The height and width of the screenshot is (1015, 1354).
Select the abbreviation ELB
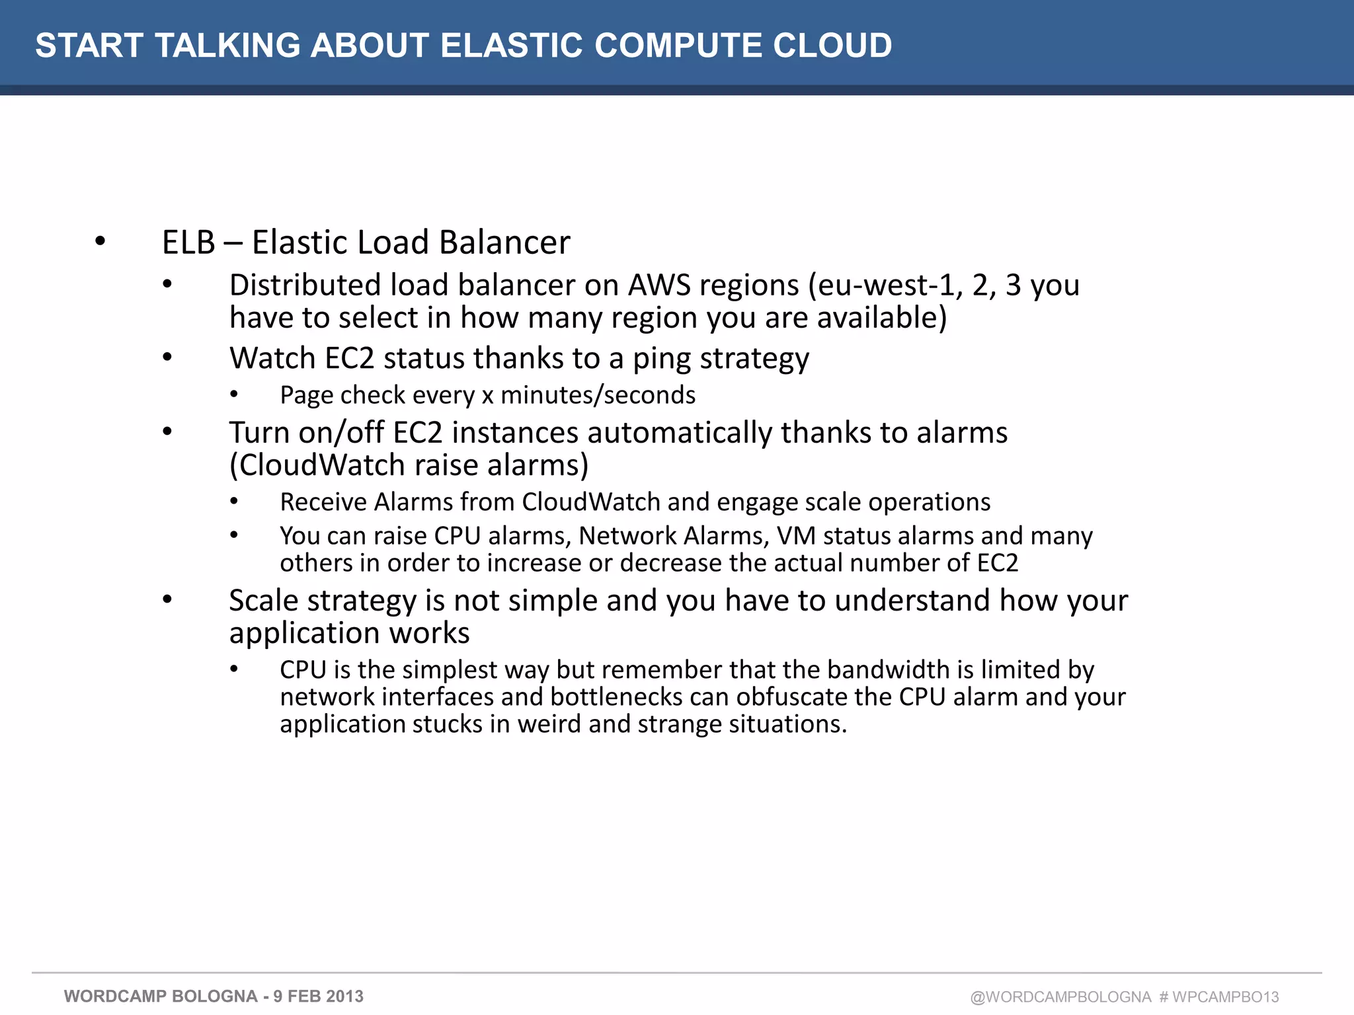[188, 243]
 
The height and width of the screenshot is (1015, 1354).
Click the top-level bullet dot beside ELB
[100, 241]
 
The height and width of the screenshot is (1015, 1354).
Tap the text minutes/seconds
[598, 395]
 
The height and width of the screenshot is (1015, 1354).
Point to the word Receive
[323, 502]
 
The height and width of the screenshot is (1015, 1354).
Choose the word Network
[627, 536]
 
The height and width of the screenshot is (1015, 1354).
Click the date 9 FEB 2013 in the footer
[319, 996]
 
